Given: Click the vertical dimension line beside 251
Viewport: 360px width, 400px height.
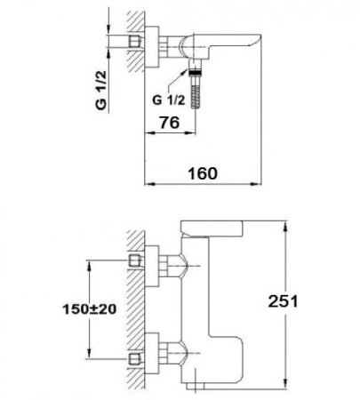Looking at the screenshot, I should tap(284, 302).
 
